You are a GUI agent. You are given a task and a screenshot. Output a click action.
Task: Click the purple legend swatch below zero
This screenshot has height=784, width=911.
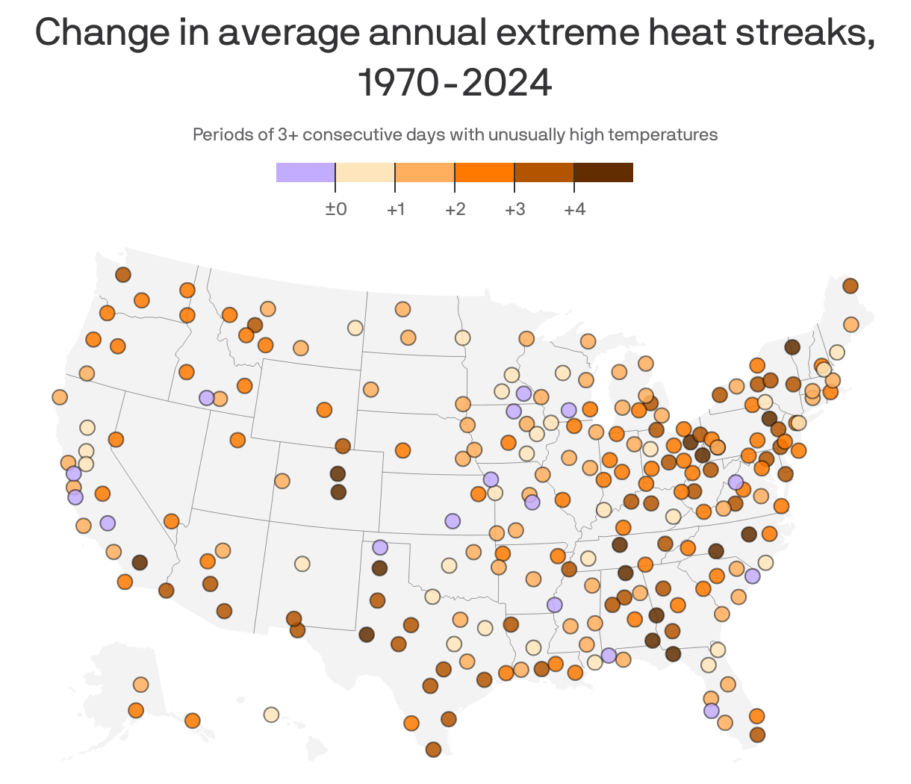tap(305, 172)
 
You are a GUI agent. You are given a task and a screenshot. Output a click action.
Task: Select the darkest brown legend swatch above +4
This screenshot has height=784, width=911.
tap(603, 172)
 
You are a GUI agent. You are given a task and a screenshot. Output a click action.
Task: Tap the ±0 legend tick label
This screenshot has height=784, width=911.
tap(336, 209)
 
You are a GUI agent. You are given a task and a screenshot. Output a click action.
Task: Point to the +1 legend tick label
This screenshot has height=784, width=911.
tap(396, 209)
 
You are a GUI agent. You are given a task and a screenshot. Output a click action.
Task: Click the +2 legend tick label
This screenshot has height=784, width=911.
tap(455, 209)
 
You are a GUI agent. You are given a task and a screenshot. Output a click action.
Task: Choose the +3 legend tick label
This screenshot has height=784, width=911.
tap(514, 209)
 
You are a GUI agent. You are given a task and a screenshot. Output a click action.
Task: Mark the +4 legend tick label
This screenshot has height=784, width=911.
tap(574, 209)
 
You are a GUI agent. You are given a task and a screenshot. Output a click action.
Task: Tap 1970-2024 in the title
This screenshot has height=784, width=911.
tap(455, 82)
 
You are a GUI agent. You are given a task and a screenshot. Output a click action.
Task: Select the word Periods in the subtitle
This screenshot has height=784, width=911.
tap(217, 134)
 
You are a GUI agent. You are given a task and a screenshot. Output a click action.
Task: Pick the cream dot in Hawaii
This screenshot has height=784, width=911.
tap(271, 715)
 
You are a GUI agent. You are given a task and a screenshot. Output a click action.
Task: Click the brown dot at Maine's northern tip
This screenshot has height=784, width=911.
tap(850, 286)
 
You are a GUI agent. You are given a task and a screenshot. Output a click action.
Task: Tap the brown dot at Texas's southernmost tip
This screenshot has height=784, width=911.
tap(433, 749)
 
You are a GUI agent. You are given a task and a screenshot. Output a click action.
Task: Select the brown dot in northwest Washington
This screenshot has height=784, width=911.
tap(123, 275)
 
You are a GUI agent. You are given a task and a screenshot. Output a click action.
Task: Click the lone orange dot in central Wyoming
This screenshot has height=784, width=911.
tap(324, 410)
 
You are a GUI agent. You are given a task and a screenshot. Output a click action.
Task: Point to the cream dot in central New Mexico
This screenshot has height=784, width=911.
tap(302, 564)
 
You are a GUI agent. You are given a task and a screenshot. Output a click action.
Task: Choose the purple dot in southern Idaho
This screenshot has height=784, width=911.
tap(206, 398)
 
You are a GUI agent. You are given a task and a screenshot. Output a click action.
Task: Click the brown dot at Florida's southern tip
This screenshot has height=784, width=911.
tap(757, 735)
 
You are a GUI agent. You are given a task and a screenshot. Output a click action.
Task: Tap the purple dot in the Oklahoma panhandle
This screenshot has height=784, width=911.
tap(380, 547)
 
